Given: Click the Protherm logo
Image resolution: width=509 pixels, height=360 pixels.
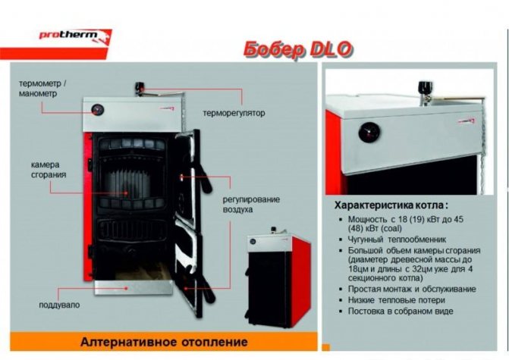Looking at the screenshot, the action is pos(75,36).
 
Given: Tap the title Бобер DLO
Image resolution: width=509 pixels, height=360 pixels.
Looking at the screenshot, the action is pos(297,50).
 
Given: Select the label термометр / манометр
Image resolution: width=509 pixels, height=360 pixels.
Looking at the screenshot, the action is pos(42,89).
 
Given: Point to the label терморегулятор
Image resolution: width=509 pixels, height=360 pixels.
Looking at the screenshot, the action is pos(234,113).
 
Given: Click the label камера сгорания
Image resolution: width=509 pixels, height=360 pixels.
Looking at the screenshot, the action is pos(49,170).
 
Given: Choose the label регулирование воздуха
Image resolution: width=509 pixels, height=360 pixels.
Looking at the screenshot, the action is pos(251,205).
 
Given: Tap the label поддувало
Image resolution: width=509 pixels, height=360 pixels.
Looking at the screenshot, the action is pos(59,305).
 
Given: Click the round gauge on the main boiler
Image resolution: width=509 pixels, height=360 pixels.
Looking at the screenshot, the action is pos(97,110).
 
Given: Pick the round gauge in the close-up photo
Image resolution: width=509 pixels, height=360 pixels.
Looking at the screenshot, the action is pos(369,133).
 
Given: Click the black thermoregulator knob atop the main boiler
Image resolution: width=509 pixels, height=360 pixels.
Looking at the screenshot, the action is pos(140,87).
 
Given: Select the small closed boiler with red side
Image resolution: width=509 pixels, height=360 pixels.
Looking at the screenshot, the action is pos(277,277).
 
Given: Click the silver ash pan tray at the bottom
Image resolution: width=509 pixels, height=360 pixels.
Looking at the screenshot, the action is pos(133,287).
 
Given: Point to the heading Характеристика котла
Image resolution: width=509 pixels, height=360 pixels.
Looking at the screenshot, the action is pos(391,205).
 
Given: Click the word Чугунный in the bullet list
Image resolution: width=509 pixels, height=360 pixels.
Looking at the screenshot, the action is pos(366,239).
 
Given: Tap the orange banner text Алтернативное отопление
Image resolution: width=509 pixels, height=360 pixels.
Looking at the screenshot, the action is pos(164,342).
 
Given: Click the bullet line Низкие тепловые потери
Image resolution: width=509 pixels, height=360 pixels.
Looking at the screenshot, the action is pos(397,300).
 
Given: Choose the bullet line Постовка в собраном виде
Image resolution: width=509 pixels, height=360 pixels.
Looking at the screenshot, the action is pos(401,311).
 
